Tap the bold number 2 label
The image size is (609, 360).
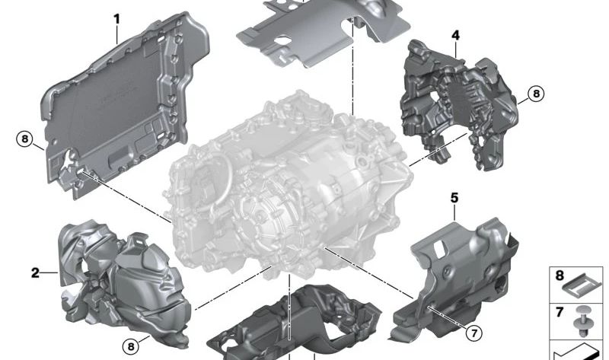(x=35, y=272)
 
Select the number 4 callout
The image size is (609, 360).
(x=454, y=36)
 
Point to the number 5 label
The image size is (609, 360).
(x=454, y=198)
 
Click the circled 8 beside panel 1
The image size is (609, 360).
(x=25, y=139)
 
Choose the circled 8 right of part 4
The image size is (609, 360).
(x=535, y=94)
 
